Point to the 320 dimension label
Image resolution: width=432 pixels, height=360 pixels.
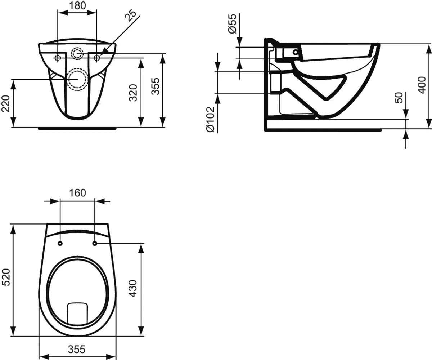click(x=133, y=92)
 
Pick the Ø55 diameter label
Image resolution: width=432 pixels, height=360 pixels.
click(x=232, y=24)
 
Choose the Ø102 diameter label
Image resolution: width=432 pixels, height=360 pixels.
click(x=210, y=119)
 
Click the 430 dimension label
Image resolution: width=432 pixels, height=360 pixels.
click(x=133, y=288)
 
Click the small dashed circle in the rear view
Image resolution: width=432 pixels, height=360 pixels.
click(x=77, y=53)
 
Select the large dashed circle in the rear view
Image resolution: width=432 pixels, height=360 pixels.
click(x=77, y=79)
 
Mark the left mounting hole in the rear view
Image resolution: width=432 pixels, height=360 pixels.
click(x=58, y=58)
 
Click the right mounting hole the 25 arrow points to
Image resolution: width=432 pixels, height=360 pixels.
click(x=96, y=58)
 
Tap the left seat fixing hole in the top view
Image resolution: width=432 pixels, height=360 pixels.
click(x=60, y=244)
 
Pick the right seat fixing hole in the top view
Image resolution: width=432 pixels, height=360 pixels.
click(x=95, y=244)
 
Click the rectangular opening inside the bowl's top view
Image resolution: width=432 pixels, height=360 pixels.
click(x=77, y=312)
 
